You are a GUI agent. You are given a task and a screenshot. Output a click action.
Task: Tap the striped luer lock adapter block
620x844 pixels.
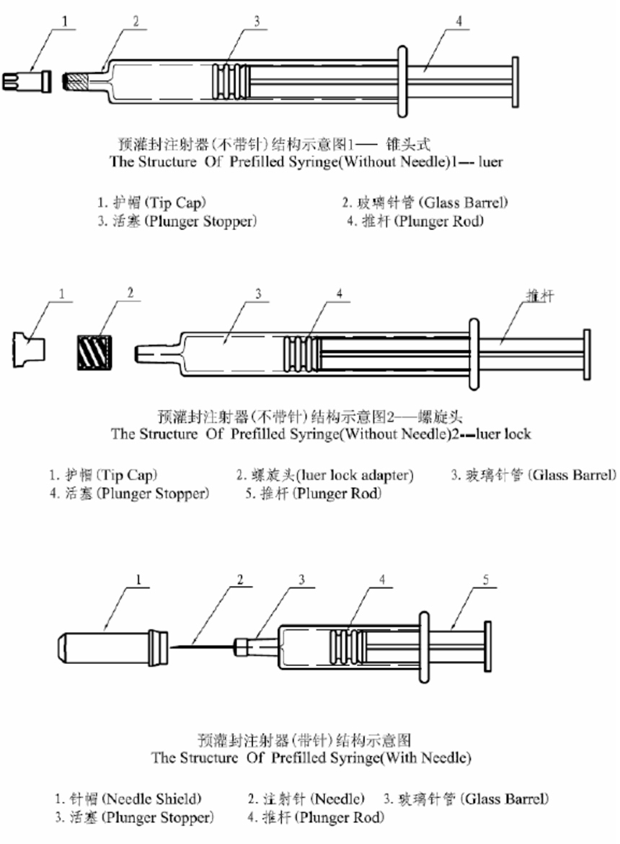[x=96, y=353]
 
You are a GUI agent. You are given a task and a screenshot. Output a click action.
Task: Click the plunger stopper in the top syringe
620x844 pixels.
[x=230, y=77]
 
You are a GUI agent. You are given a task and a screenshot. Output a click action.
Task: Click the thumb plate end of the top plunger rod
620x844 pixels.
[x=515, y=79]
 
